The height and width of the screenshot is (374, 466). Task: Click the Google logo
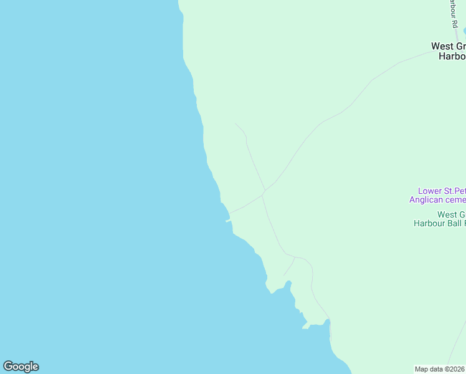pos(21,367)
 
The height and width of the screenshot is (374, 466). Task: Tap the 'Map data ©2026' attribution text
pos(440,369)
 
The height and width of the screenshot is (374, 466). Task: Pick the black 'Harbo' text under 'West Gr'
pos(452,55)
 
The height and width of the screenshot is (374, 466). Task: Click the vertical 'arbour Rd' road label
pos(453,12)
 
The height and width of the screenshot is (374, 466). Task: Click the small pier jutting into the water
pos(228,221)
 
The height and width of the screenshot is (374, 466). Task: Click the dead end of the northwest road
pos(235,123)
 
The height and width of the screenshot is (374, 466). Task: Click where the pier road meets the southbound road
pos(262,195)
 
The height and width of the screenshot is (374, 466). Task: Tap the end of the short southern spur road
pos(284,276)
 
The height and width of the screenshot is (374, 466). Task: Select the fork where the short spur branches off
pos(295,257)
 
